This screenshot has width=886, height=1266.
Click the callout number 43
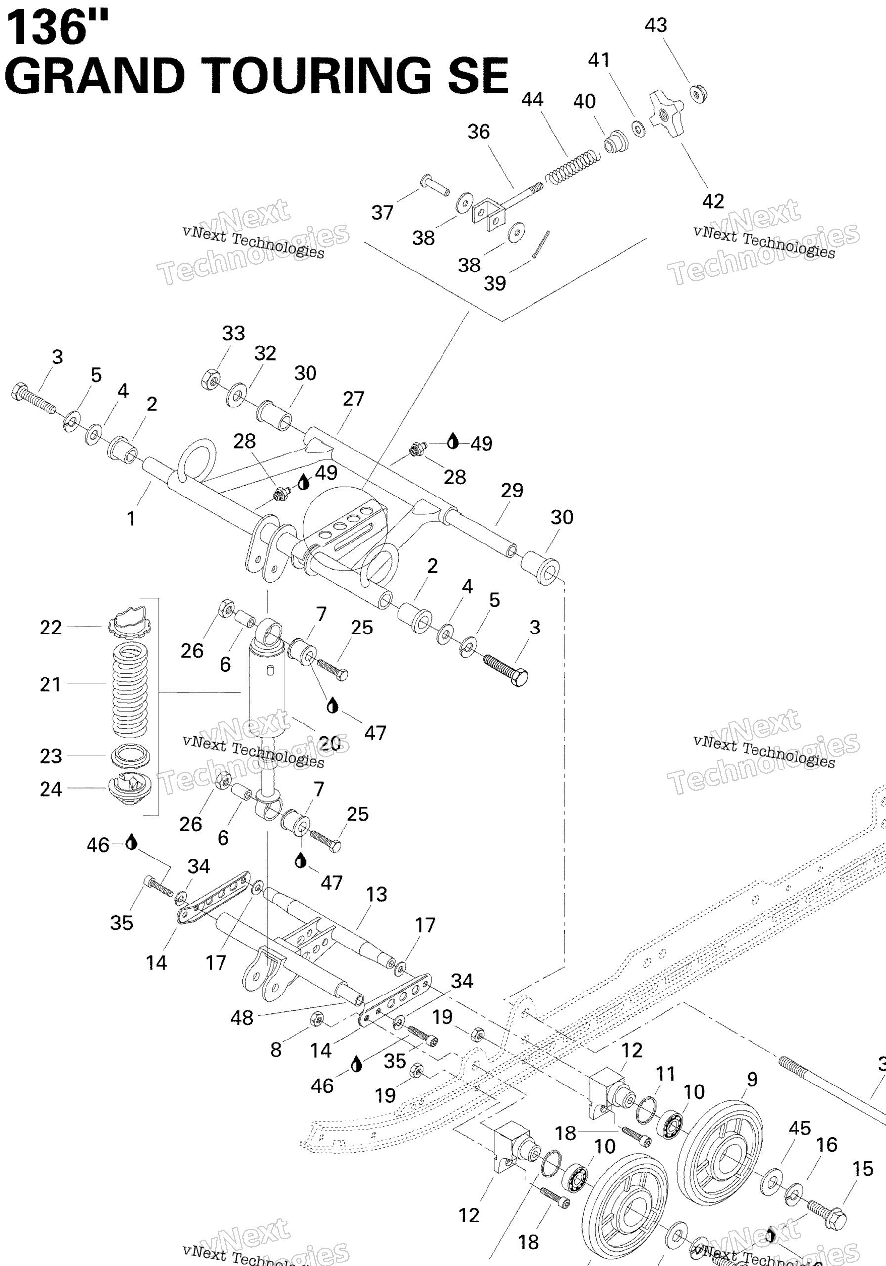click(656, 25)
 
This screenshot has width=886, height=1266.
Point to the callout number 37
click(382, 212)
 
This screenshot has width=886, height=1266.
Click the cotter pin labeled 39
click(541, 243)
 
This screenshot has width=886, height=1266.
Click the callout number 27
click(354, 399)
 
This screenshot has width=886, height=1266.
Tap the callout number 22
click(51, 628)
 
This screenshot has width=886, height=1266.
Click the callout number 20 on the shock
click(330, 743)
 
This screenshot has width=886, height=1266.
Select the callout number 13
click(377, 895)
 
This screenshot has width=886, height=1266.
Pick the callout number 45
click(799, 1128)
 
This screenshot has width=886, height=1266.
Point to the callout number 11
click(665, 1074)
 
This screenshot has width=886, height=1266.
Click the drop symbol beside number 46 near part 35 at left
click(131, 842)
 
